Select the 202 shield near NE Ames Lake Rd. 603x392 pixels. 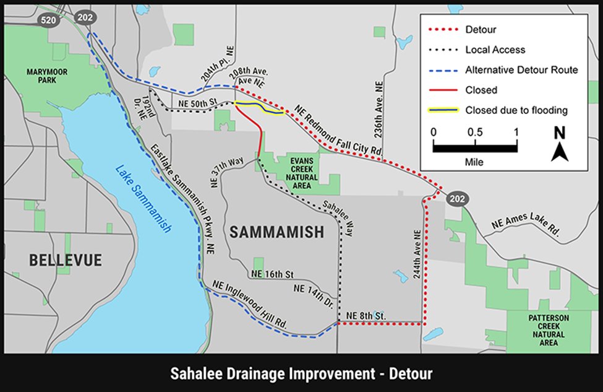458,198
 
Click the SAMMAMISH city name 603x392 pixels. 276,232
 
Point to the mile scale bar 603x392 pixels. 474,147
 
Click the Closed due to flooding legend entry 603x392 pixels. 516,110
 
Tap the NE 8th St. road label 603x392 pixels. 366,316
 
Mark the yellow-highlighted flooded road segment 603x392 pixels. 259,108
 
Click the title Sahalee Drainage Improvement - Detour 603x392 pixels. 301,373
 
